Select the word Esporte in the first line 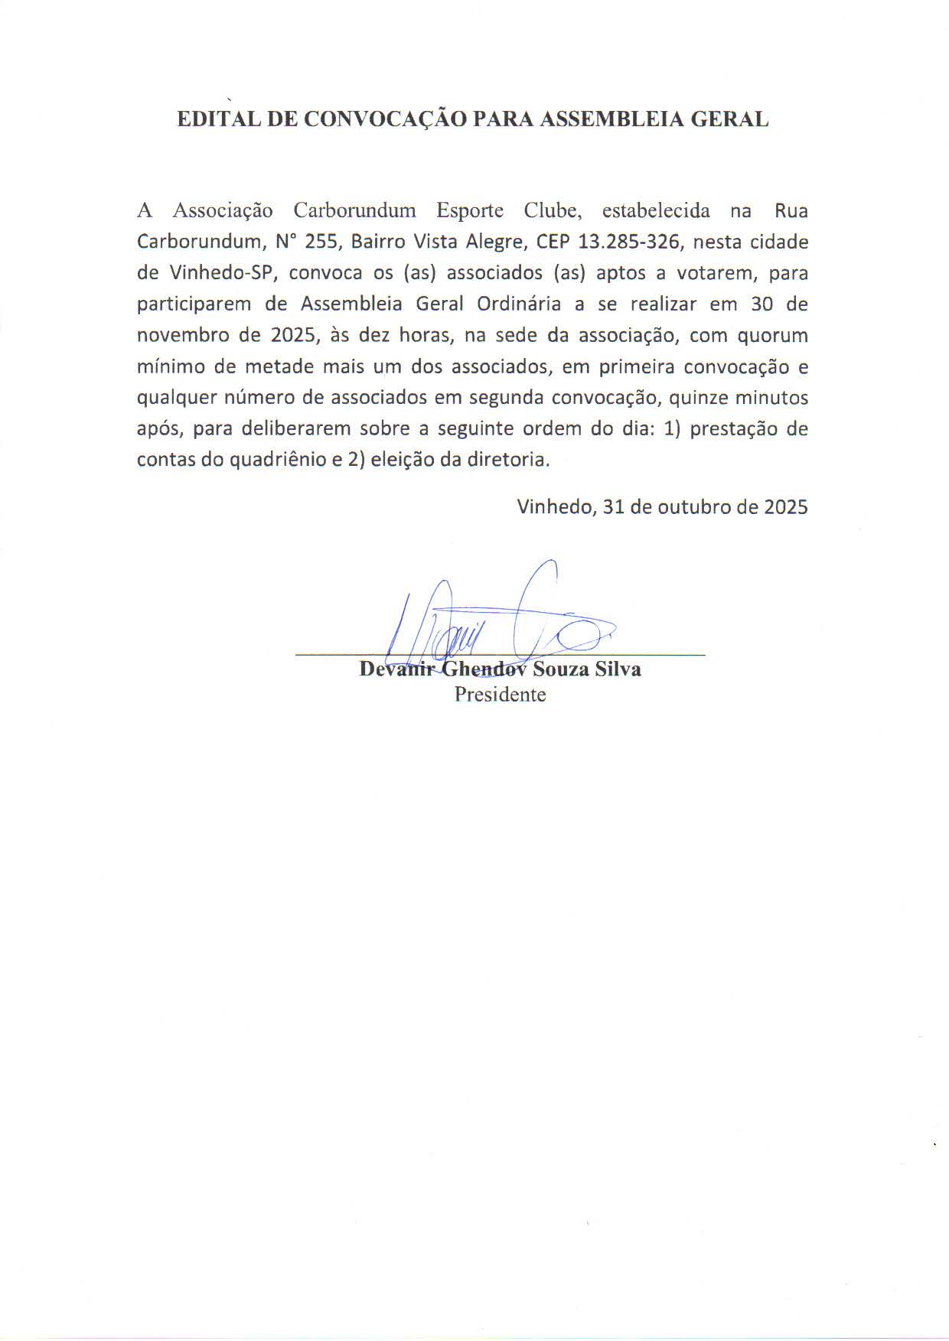(470, 210)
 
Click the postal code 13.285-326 (629, 242)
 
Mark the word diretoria (511, 461)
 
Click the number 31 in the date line (614, 506)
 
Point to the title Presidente (501, 695)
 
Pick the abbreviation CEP (553, 242)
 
